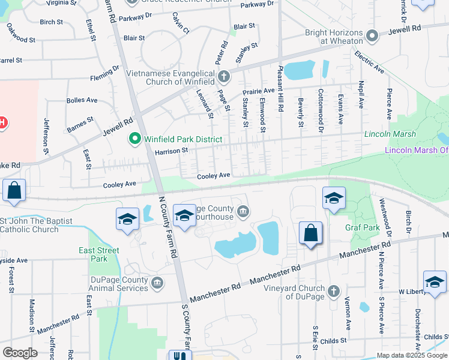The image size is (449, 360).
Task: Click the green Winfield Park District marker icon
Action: [x=134, y=139]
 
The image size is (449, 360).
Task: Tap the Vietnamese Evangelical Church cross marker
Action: [x=224, y=76]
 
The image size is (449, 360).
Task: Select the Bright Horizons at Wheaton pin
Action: [x=372, y=36]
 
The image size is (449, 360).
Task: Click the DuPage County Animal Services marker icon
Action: [x=157, y=282]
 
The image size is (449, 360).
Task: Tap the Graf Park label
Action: [x=363, y=228]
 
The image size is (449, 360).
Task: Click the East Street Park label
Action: [x=99, y=254]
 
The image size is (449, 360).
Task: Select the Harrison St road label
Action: [x=172, y=151]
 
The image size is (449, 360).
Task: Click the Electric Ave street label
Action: [x=369, y=62]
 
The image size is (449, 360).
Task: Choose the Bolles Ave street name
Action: [x=82, y=100]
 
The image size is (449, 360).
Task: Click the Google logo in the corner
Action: [x=20, y=352]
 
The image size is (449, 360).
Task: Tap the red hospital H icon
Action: [x=2, y=123]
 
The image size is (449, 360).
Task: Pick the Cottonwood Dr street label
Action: [x=321, y=110]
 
